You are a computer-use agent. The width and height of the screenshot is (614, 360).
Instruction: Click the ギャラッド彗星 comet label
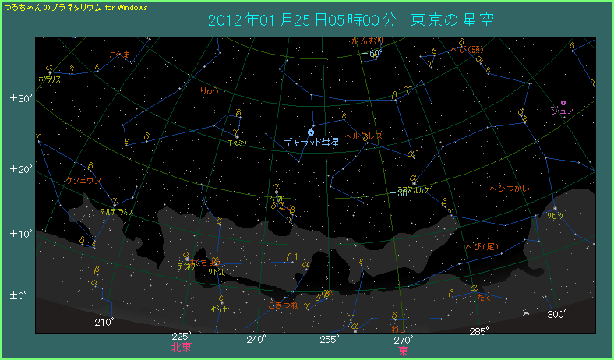310,143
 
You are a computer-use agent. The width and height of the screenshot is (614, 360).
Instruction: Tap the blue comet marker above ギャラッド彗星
311,132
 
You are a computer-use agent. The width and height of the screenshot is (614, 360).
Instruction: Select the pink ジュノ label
562,111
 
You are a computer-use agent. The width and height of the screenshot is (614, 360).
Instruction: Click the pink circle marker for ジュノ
563,102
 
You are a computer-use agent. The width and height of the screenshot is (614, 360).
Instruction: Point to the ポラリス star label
49,79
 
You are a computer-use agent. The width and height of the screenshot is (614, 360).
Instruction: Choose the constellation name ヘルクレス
364,136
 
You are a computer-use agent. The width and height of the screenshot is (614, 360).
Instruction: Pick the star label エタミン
237,143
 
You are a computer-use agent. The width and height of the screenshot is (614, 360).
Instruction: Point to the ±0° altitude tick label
19,296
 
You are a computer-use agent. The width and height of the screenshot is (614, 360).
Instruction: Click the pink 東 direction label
403,351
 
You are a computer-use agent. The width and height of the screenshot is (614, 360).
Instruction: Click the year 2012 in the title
226,19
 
